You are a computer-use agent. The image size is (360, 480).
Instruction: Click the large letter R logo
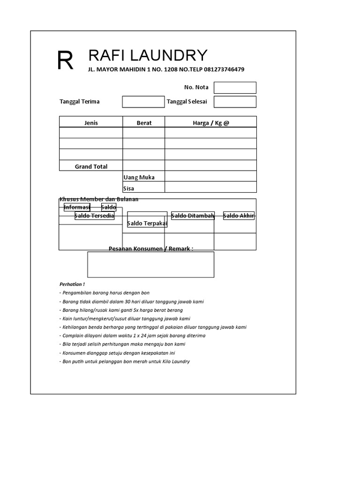click(x=65, y=61)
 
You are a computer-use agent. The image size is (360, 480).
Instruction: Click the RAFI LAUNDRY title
click(x=148, y=55)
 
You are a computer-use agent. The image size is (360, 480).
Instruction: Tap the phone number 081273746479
click(x=224, y=69)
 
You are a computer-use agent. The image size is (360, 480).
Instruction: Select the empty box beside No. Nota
click(x=235, y=88)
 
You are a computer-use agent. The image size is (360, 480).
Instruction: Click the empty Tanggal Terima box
click(x=143, y=102)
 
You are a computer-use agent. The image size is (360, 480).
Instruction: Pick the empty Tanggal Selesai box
click(x=235, y=102)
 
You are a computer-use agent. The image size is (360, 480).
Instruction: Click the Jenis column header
click(x=91, y=123)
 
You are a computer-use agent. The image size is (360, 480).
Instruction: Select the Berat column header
click(x=144, y=123)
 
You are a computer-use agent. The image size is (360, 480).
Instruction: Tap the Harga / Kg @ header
click(x=211, y=123)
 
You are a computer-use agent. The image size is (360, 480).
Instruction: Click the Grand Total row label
click(x=91, y=166)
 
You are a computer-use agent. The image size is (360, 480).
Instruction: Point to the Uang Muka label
click(x=139, y=177)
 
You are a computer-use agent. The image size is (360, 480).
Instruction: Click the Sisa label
click(x=128, y=188)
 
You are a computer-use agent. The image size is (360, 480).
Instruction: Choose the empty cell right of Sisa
click(x=210, y=187)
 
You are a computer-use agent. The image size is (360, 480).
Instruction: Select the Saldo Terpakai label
click(x=147, y=223)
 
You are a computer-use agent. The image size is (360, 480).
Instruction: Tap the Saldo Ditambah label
click(x=193, y=216)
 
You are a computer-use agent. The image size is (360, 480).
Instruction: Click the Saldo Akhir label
click(x=239, y=216)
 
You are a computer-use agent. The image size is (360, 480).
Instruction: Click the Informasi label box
click(x=77, y=207)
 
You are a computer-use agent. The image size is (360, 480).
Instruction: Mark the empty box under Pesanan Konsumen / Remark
click(x=150, y=264)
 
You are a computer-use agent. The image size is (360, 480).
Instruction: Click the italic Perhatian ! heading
click(x=72, y=284)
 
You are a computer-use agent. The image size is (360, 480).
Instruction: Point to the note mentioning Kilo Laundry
click(x=125, y=361)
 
